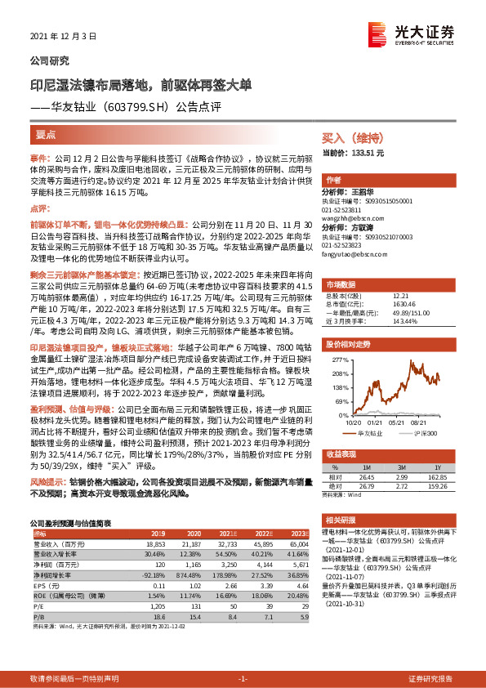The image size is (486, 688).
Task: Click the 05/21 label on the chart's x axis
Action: tap(399, 423)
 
